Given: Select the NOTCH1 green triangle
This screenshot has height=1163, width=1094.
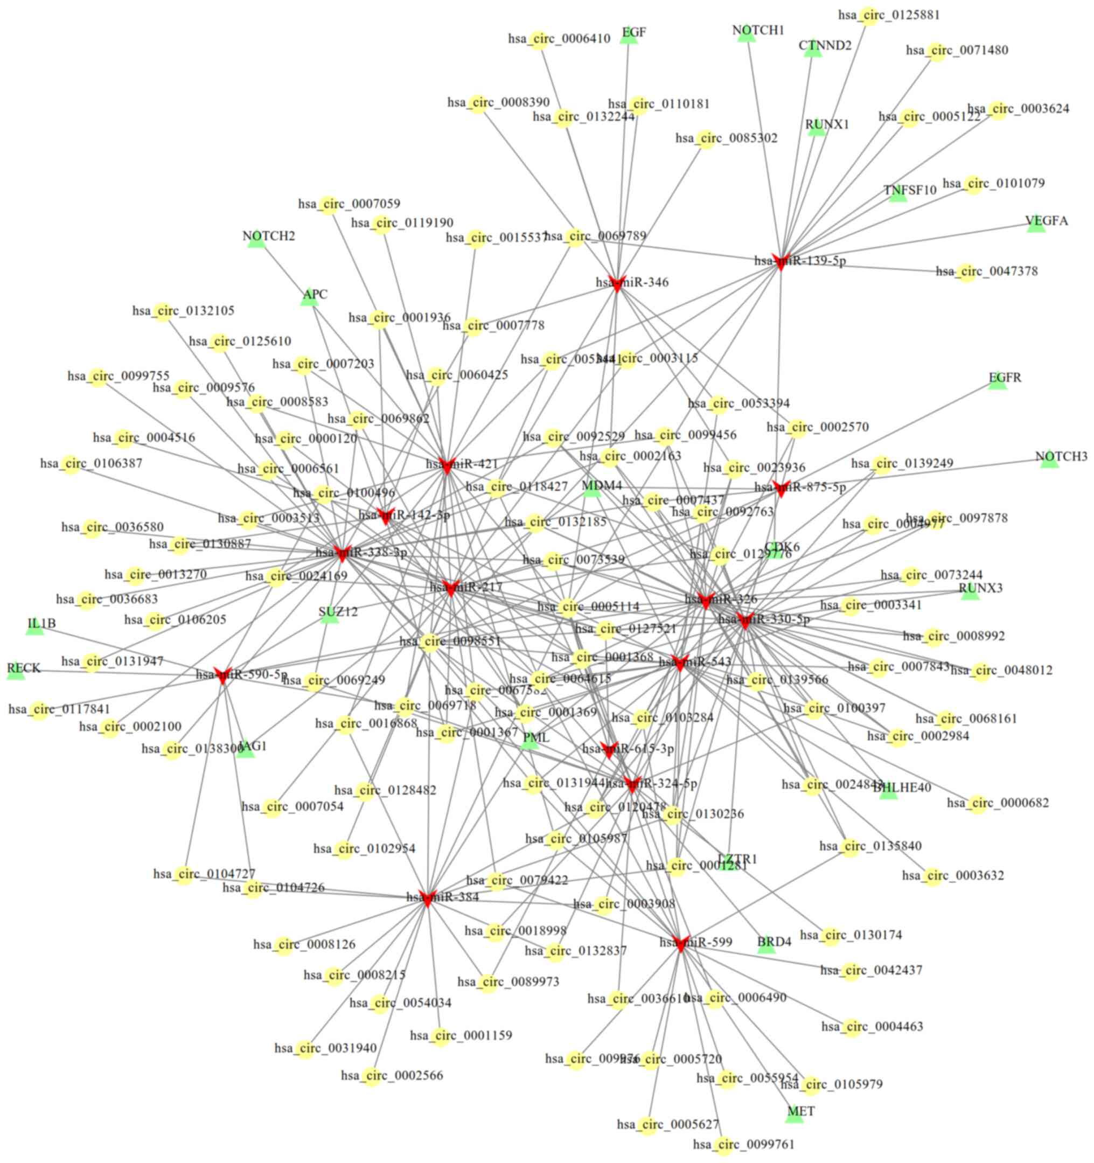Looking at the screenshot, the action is (746, 34).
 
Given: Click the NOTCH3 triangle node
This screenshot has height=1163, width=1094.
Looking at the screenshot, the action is (1049, 461).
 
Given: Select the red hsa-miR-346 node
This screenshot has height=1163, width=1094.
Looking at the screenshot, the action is (617, 283).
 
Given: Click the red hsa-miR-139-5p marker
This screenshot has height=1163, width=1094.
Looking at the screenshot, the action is (780, 261).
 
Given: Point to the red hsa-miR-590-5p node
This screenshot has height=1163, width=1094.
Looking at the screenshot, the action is (222, 675).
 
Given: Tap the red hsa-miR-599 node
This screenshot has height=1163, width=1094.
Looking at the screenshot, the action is (680, 944).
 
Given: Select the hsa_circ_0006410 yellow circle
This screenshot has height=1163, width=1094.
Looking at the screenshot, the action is (538, 40).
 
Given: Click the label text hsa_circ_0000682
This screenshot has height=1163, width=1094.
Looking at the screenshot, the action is (998, 803).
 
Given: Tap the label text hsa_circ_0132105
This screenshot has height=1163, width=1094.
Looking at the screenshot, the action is (183, 311).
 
